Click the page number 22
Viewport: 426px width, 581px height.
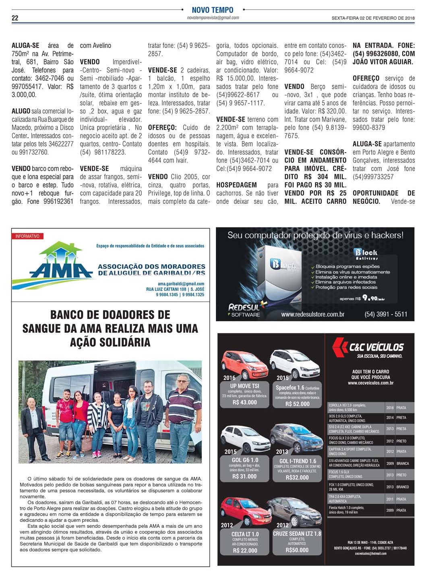(15, 18)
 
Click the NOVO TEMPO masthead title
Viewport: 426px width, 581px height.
(212, 10)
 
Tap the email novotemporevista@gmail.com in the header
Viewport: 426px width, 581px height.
(213, 18)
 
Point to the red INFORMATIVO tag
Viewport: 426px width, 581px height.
(27, 236)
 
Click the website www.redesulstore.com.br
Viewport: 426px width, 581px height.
(312, 314)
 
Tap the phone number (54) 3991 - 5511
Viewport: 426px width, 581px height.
(386, 314)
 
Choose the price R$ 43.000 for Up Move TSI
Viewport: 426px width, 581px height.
(244, 402)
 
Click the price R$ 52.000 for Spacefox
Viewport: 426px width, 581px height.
(297, 404)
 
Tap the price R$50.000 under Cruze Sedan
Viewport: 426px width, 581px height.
(297, 550)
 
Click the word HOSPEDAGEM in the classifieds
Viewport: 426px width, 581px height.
(236, 185)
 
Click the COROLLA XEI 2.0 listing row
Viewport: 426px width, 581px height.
(368, 407)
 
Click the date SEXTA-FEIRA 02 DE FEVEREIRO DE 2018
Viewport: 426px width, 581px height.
(373, 18)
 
